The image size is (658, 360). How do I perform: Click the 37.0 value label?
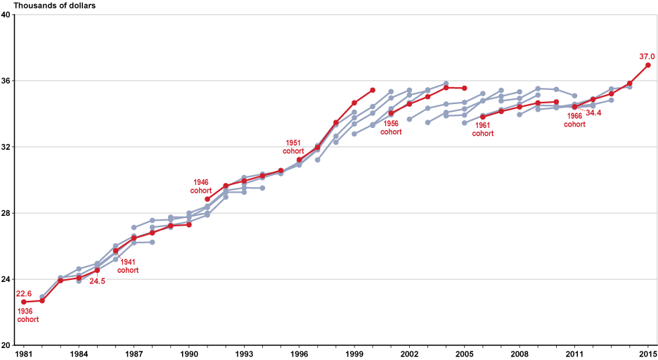[647, 56]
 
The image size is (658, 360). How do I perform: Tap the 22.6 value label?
[24, 294]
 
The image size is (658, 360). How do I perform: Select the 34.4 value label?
[593, 112]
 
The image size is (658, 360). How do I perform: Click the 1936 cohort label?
[28, 314]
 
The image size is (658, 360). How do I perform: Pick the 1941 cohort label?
[127, 266]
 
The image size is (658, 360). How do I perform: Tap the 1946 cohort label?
[200, 186]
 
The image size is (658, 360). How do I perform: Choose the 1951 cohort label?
[294, 147]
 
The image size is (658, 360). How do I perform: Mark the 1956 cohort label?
[390, 127]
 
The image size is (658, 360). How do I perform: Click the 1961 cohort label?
[482, 129]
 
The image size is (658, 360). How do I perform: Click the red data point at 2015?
[648, 65]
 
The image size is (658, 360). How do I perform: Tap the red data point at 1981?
[24, 302]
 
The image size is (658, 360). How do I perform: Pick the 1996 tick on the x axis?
[300, 354]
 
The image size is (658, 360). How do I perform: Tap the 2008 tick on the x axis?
[520, 354]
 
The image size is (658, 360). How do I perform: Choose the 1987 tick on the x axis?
[134, 354]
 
